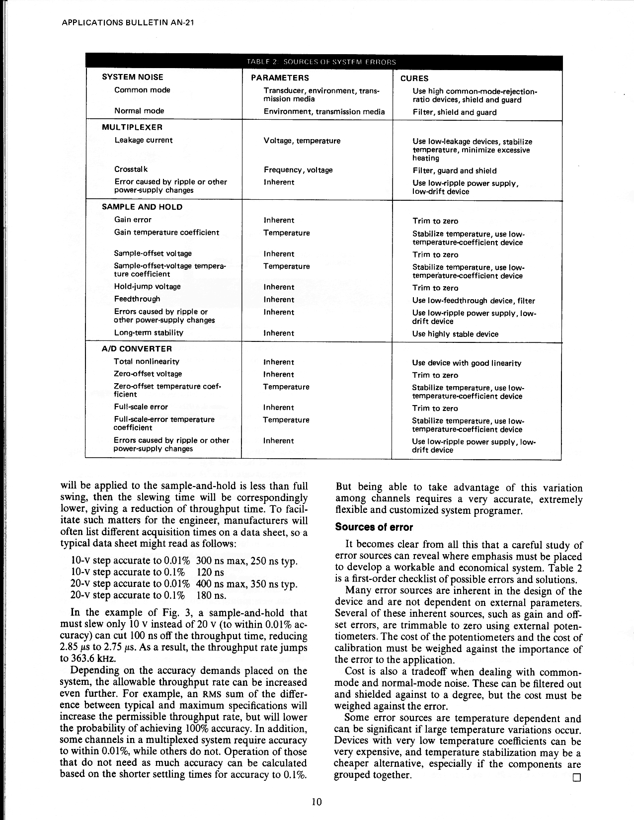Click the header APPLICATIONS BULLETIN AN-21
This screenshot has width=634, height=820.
(127, 23)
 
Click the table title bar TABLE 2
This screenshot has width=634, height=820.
(321, 62)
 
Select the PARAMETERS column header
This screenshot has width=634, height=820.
(280, 78)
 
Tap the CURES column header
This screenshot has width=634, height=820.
(414, 79)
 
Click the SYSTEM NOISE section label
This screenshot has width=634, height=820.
(133, 77)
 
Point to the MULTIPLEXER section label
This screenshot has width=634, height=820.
(132, 127)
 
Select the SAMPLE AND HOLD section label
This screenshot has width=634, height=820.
(142, 207)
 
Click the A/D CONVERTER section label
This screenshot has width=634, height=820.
(137, 349)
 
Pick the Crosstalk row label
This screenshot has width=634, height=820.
(131, 169)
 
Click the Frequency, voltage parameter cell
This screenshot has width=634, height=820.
(298, 170)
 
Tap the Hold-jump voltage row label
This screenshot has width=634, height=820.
(148, 287)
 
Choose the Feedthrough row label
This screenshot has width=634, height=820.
(137, 299)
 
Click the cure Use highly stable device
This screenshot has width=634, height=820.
(455, 334)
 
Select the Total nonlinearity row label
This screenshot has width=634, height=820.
(147, 362)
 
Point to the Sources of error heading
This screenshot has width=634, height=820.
(374, 527)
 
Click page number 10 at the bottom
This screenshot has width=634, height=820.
(317, 802)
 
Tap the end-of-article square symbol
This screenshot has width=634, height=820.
(576, 777)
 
